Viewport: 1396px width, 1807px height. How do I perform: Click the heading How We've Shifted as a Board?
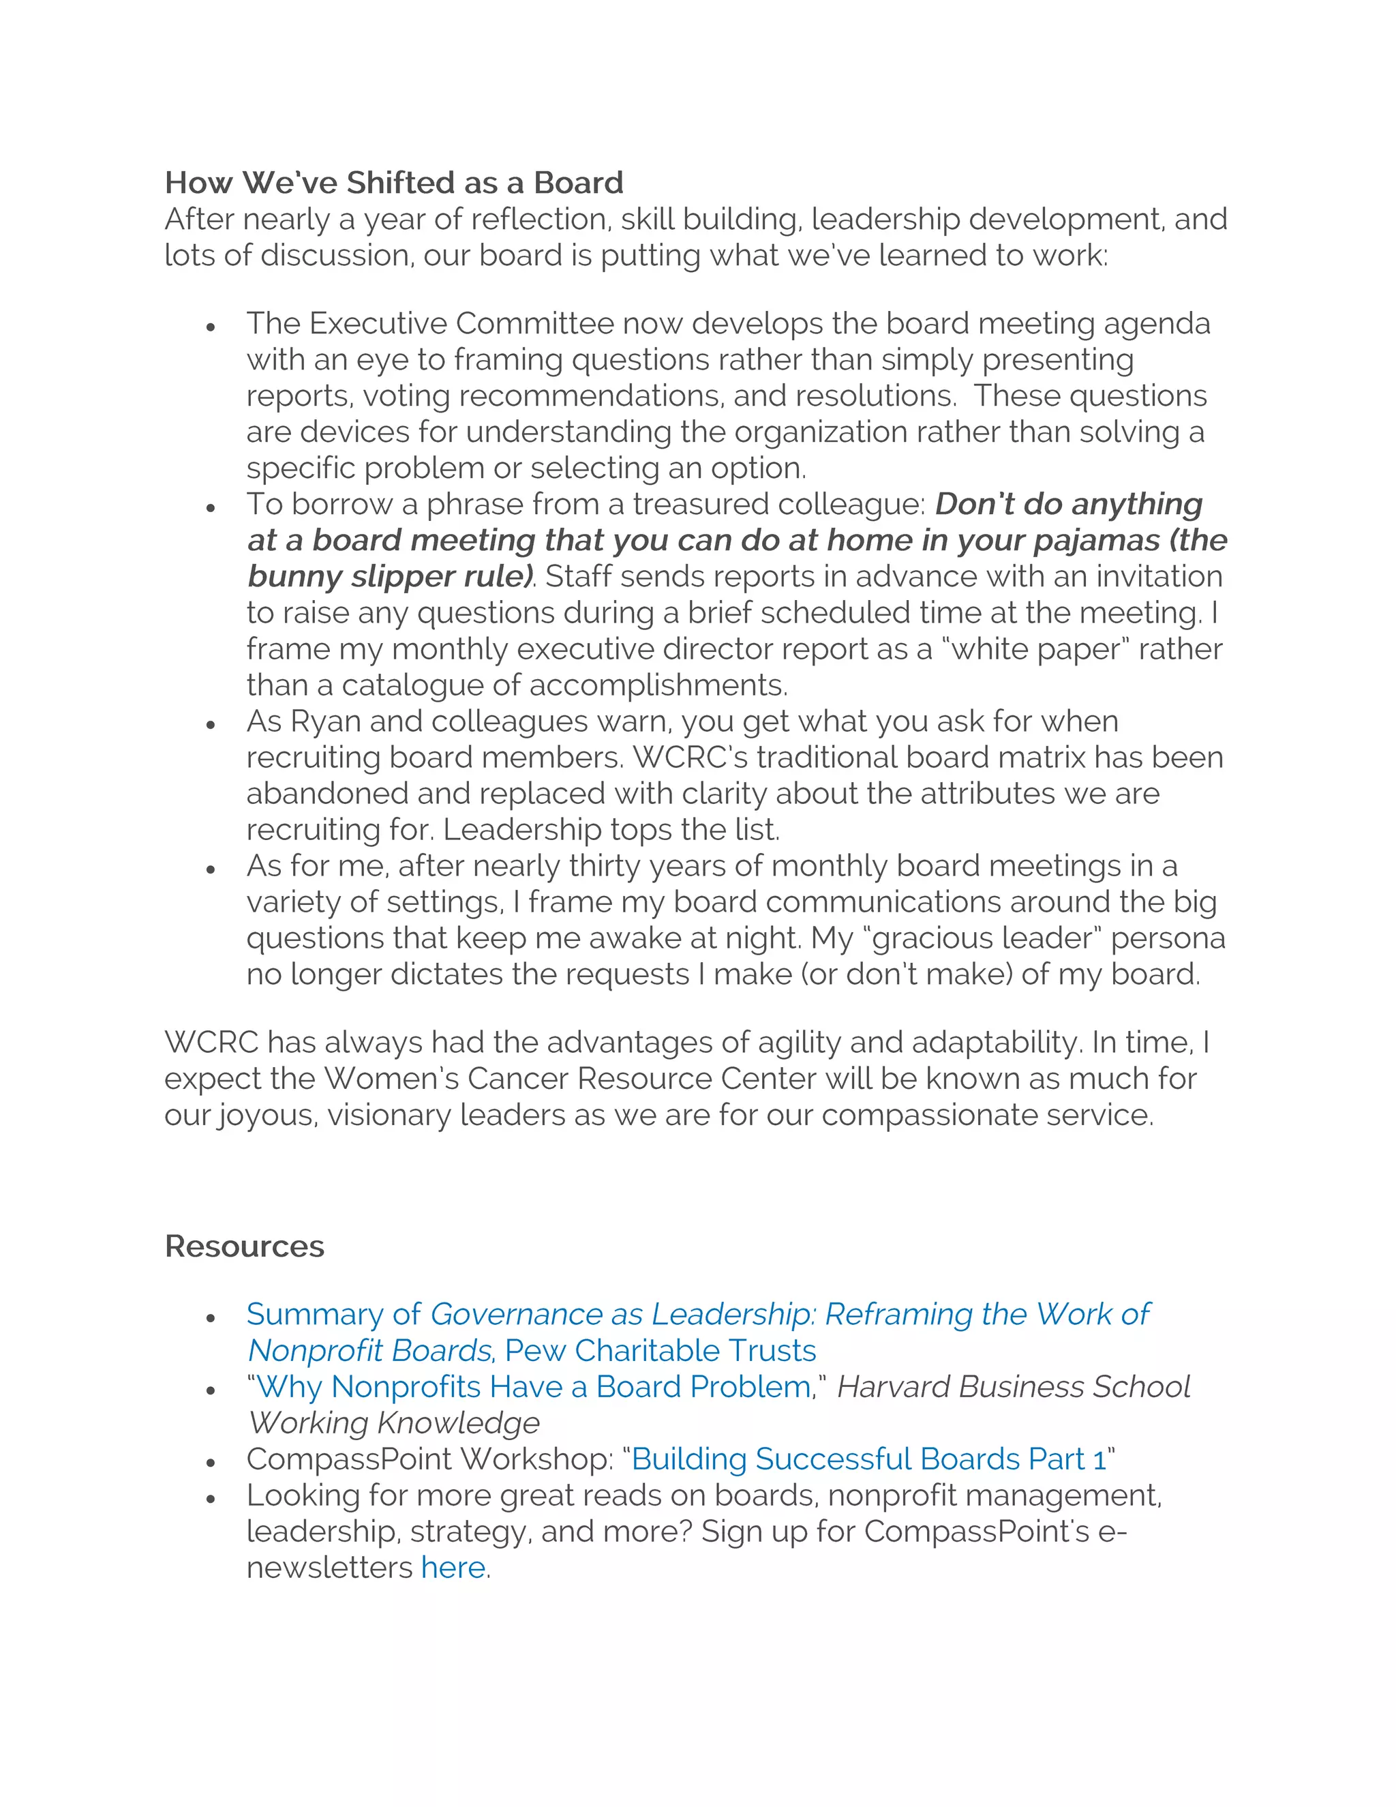pyautogui.click(x=394, y=183)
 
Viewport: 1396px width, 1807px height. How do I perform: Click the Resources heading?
pyautogui.click(x=244, y=1246)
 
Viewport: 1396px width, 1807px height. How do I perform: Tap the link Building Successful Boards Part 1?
pyautogui.click(x=868, y=1459)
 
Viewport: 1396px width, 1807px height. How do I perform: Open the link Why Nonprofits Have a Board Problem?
pyautogui.click(x=534, y=1387)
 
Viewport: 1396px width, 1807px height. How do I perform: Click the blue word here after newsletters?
pyautogui.click(x=453, y=1567)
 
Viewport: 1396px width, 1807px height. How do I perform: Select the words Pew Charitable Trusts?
pyautogui.click(x=660, y=1350)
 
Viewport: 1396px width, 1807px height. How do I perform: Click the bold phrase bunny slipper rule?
pyautogui.click(x=389, y=577)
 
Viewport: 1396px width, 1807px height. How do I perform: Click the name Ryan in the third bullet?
pyautogui.click(x=326, y=721)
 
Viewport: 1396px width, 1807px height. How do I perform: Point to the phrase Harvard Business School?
pyautogui.click(x=1013, y=1387)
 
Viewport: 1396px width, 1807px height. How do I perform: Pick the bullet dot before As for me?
pyautogui.click(x=211, y=869)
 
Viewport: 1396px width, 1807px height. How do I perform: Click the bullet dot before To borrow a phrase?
pyautogui.click(x=211, y=507)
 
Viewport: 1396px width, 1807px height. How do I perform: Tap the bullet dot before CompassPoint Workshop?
pyautogui.click(x=211, y=1462)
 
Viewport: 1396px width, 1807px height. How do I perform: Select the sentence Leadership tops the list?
pyautogui.click(x=612, y=830)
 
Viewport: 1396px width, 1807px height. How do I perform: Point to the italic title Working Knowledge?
pyautogui.click(x=395, y=1423)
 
